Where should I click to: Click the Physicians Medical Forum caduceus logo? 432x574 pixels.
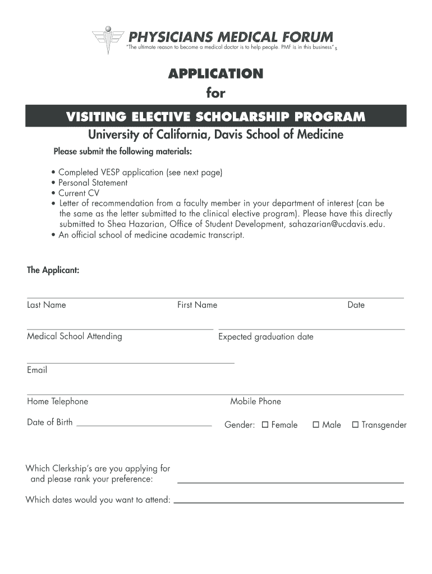click(108, 40)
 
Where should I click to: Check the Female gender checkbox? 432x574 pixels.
click(265, 425)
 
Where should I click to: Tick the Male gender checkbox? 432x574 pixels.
click(316, 425)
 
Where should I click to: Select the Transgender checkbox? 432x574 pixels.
click(355, 425)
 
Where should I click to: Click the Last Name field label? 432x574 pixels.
click(47, 305)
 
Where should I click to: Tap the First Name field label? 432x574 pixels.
click(197, 305)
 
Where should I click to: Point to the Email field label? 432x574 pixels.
click(37, 370)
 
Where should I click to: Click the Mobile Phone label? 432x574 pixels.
click(255, 401)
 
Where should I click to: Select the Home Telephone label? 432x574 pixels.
click(57, 401)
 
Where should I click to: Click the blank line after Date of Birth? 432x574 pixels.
click(144, 426)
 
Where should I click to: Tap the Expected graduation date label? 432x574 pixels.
click(266, 337)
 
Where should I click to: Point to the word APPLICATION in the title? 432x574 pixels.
click(215, 73)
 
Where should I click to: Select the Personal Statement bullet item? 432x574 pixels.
click(93, 183)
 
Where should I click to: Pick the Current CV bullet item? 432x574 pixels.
click(80, 193)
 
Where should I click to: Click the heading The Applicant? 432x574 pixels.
click(53, 270)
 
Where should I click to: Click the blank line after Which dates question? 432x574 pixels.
click(289, 502)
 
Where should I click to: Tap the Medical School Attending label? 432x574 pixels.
click(75, 336)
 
